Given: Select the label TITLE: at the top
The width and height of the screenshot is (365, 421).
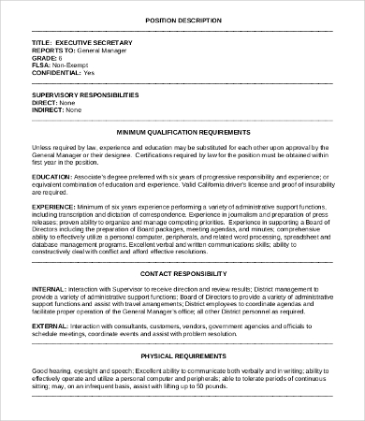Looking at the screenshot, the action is (42, 42).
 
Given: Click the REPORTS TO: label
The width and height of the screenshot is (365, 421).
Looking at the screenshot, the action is (56, 51).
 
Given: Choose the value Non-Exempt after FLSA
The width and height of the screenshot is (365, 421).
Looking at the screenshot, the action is (68, 65).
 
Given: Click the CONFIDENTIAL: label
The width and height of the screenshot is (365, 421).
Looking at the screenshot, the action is (55, 73).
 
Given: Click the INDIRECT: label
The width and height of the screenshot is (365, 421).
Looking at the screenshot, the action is (49, 109).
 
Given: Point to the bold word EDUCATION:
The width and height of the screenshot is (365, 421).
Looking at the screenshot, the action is (53, 174).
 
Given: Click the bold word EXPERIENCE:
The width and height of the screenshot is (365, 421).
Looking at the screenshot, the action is (56, 204).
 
